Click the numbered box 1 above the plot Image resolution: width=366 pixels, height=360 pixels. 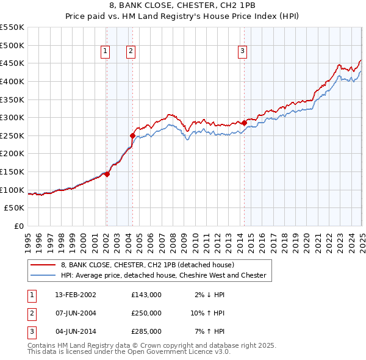[x=106, y=52]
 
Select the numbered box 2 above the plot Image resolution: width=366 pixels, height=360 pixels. [x=131, y=52]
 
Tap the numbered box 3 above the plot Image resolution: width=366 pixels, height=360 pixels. [x=242, y=52]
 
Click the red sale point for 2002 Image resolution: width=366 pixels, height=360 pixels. [x=107, y=174]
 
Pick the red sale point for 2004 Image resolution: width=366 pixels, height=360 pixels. [x=132, y=135]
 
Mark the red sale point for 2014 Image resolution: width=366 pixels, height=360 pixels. [x=244, y=123]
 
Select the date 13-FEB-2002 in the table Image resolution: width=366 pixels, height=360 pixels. [x=75, y=295]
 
